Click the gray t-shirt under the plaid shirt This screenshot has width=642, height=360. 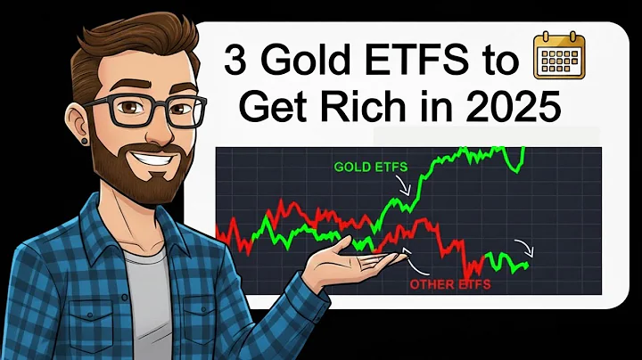(146, 294)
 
